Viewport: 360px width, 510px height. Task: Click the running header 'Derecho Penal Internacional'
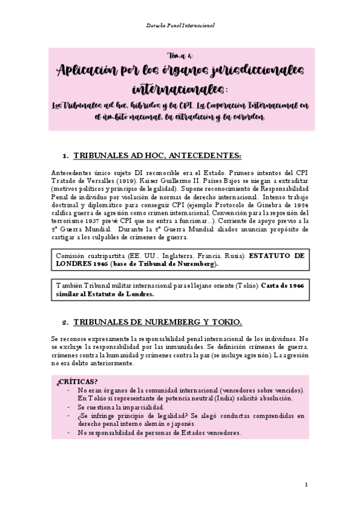(x=180, y=26)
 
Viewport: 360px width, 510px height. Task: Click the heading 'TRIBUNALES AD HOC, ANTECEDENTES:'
(x=157, y=156)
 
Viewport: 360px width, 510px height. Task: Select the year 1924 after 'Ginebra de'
(x=299, y=204)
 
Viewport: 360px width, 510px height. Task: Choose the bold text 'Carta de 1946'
(x=282, y=286)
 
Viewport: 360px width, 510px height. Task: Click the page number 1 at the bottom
(x=306, y=485)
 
